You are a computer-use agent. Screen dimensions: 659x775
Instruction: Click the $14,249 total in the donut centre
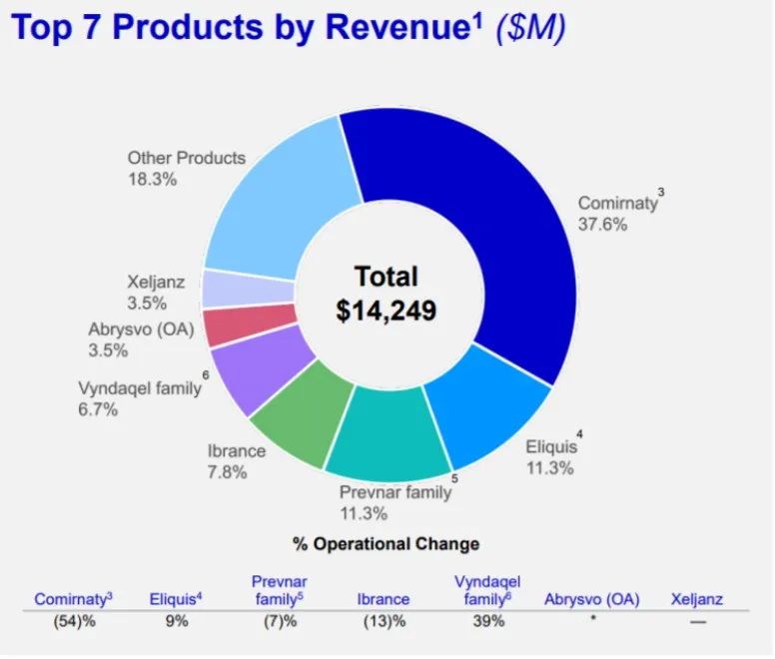click(387, 311)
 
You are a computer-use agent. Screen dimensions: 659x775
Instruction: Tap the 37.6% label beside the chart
click(603, 225)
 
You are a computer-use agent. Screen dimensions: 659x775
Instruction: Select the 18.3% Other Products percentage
click(152, 180)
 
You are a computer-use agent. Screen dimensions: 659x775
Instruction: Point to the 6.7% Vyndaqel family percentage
click(98, 409)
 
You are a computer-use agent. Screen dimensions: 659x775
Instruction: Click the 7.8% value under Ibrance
click(227, 472)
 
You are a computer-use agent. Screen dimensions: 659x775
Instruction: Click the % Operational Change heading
click(386, 544)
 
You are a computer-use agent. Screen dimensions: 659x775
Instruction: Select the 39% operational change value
click(488, 622)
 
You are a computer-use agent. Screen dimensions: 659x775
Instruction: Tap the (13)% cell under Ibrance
click(383, 622)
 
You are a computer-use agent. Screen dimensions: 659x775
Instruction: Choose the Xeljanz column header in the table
click(696, 599)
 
